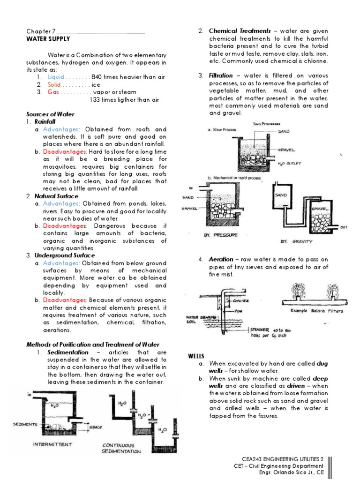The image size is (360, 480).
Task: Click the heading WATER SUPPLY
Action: pos(48,38)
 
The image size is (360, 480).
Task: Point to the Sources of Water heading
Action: pos(50,114)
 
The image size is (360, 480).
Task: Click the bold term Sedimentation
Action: pos(68,352)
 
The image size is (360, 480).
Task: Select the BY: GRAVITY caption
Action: pos(296,241)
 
